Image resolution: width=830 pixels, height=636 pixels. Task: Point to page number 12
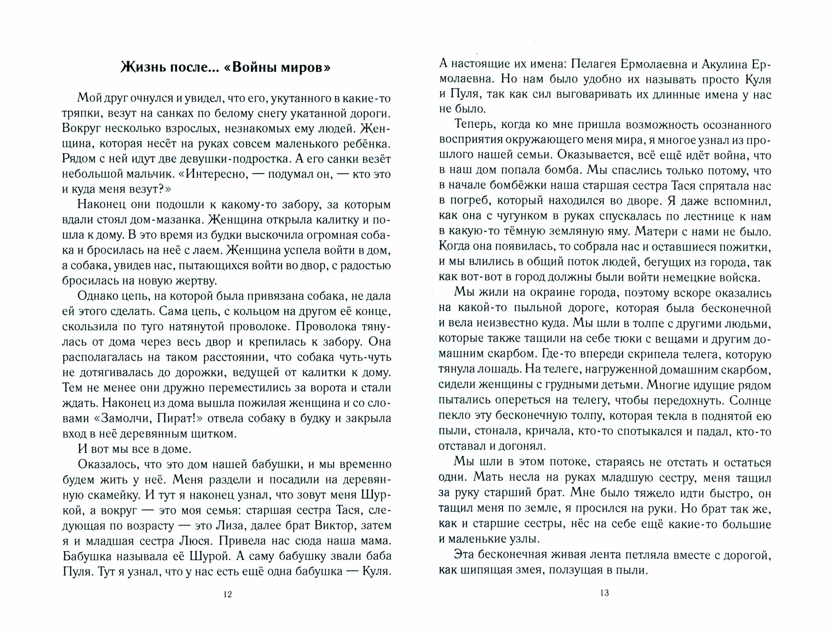pos(227,594)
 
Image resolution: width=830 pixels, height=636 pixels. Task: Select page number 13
pos(604,593)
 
